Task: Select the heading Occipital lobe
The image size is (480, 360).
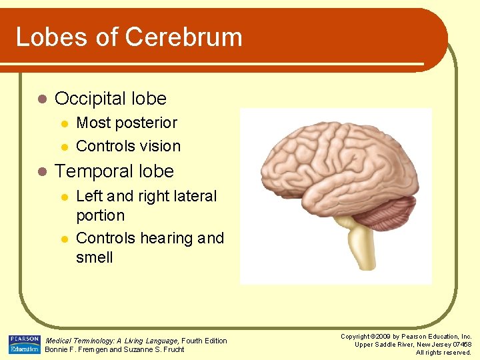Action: pos(110,99)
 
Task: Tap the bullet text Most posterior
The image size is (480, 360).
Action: pos(127,123)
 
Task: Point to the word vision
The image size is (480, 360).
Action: pos(160,146)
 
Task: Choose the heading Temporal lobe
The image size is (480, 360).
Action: pos(114,171)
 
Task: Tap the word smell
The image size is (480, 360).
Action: pos(94,257)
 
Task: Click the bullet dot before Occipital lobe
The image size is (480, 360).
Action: pos(42,99)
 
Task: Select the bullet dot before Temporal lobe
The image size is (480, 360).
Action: pos(42,172)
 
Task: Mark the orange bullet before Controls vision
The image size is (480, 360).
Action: pos(64,147)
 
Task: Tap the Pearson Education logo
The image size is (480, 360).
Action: pos(25,345)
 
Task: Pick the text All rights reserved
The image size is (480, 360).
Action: pos(443,352)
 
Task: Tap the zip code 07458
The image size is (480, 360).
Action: pos(461,345)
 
